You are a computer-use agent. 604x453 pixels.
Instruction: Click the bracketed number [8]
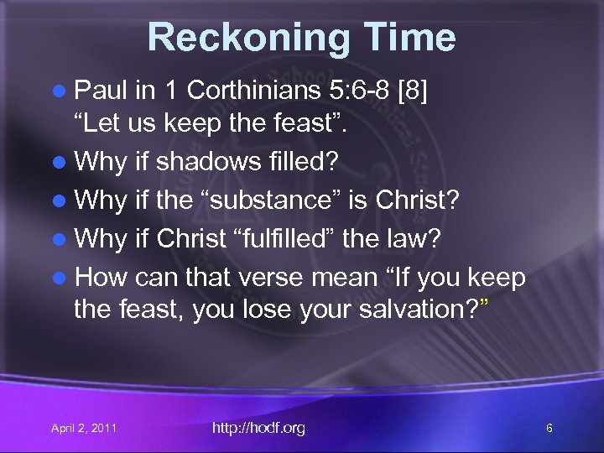[412, 90]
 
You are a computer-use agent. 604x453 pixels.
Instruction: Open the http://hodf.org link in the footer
[258, 428]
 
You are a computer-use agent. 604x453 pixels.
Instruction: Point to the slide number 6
[549, 429]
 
